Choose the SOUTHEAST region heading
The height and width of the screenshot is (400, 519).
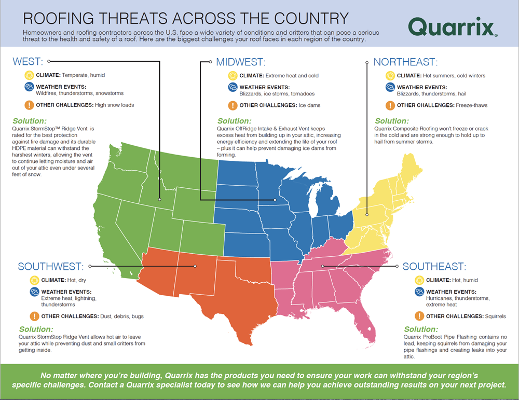pos(434,267)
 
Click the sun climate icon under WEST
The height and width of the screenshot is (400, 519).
pos(29,75)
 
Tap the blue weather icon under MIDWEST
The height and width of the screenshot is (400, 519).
pos(233,87)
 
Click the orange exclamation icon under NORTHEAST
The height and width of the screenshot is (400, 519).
pos(390,105)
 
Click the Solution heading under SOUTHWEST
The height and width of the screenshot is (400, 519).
pos(36,329)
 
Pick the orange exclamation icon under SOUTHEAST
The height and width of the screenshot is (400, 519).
pos(419,316)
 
